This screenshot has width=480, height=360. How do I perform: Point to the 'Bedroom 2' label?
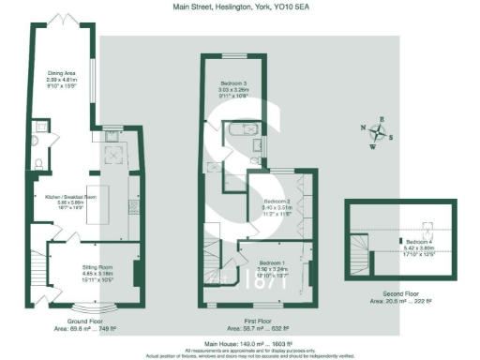pyautogui.click(x=277, y=202)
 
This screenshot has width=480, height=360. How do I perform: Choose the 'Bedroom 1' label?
pyautogui.click(x=272, y=262)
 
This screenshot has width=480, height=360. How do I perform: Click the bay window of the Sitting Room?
pyautogui.click(x=95, y=306)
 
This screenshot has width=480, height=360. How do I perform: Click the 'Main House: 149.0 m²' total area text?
pyautogui.click(x=239, y=344)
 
